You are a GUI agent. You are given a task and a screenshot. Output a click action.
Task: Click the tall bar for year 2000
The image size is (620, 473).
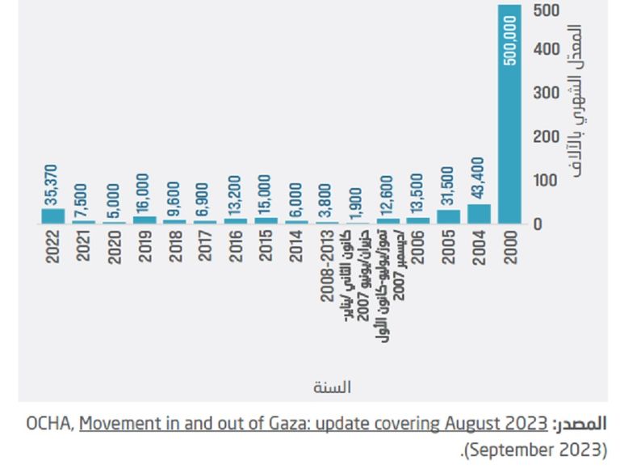pyautogui.click(x=509, y=113)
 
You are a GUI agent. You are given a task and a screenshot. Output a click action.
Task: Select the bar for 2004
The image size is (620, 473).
pyautogui.click(x=479, y=214)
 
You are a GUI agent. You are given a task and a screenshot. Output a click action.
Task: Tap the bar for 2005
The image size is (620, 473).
pyautogui.click(x=448, y=216)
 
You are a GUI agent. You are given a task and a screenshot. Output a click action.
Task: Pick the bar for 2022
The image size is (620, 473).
pyautogui.click(x=52, y=216)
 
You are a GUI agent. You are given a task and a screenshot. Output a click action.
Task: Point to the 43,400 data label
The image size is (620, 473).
pyautogui.click(x=479, y=178)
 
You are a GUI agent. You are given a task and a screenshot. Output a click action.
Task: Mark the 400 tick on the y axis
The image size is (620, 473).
pyautogui.click(x=545, y=50)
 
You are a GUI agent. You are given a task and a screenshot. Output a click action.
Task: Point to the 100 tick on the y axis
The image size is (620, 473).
pyautogui.click(x=545, y=180)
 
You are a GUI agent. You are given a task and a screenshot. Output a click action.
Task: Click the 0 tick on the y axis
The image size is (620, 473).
pyautogui.click(x=538, y=224)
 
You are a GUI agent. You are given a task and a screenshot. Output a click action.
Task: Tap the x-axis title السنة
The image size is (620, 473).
pyautogui.click(x=333, y=387)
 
